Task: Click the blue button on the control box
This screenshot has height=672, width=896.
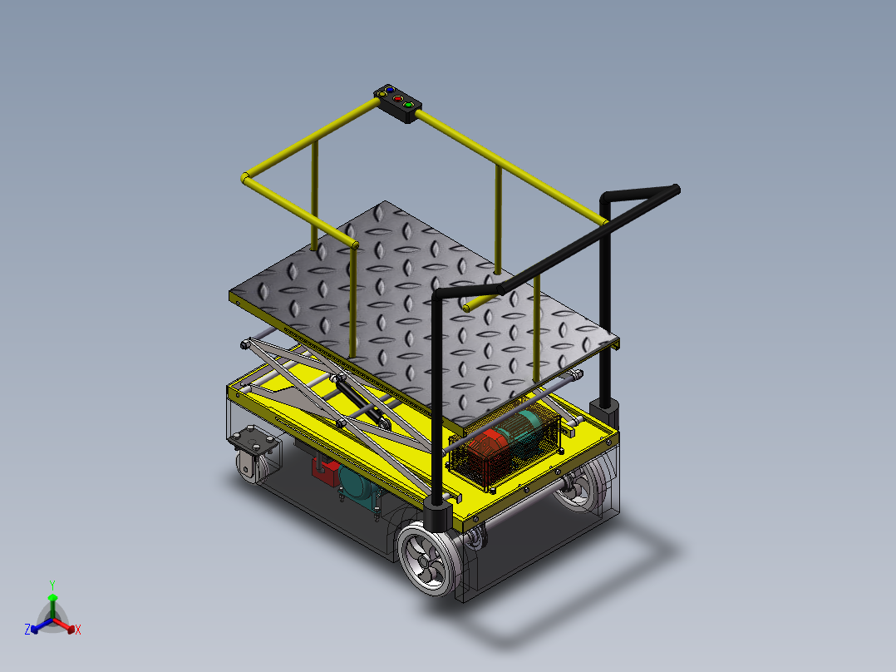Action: coord(390,89)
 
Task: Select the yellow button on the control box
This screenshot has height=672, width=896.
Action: coord(383,94)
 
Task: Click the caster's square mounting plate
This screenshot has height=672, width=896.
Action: coord(253,439)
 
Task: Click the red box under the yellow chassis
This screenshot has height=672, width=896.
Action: coord(323,468)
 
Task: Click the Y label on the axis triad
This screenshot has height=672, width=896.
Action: coord(52,585)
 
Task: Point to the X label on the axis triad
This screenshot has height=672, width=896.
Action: coord(78,630)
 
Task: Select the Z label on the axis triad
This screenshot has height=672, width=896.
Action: coord(27,630)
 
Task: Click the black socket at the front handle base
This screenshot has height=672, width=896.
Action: coord(437,515)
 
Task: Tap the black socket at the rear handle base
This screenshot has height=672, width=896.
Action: coord(604,411)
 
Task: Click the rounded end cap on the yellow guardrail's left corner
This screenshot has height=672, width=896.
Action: coord(246,177)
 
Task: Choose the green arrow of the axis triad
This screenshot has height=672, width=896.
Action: coord(52,602)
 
